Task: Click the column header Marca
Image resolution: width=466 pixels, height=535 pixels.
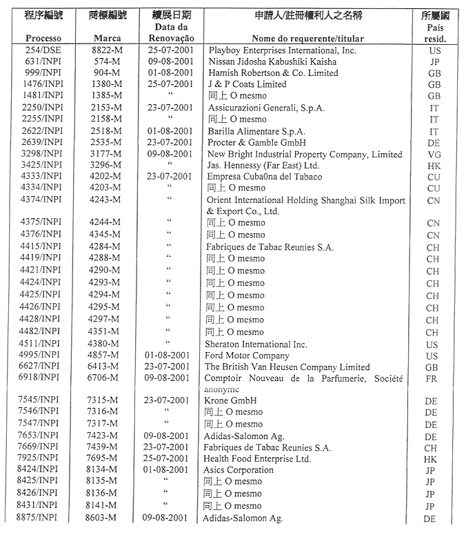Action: [x=108, y=39]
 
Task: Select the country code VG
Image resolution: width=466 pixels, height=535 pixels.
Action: [x=434, y=155]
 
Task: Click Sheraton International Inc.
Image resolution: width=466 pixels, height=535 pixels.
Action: [x=256, y=344]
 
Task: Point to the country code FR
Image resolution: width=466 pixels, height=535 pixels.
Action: [x=434, y=379]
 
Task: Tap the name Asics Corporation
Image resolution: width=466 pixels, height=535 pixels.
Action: [x=240, y=470]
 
